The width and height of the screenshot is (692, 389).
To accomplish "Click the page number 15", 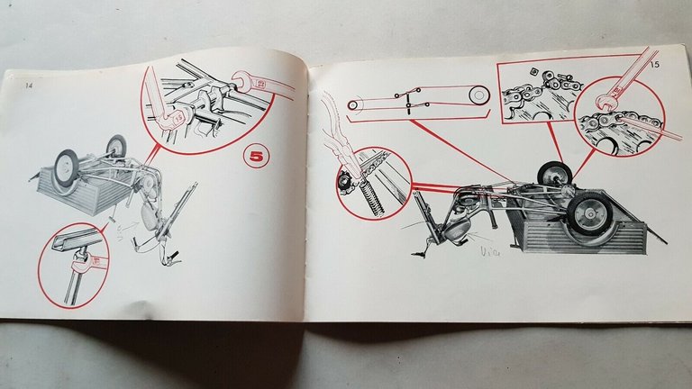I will pos(652,64).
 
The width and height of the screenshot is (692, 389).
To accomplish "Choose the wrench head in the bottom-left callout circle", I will pos(88,261).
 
